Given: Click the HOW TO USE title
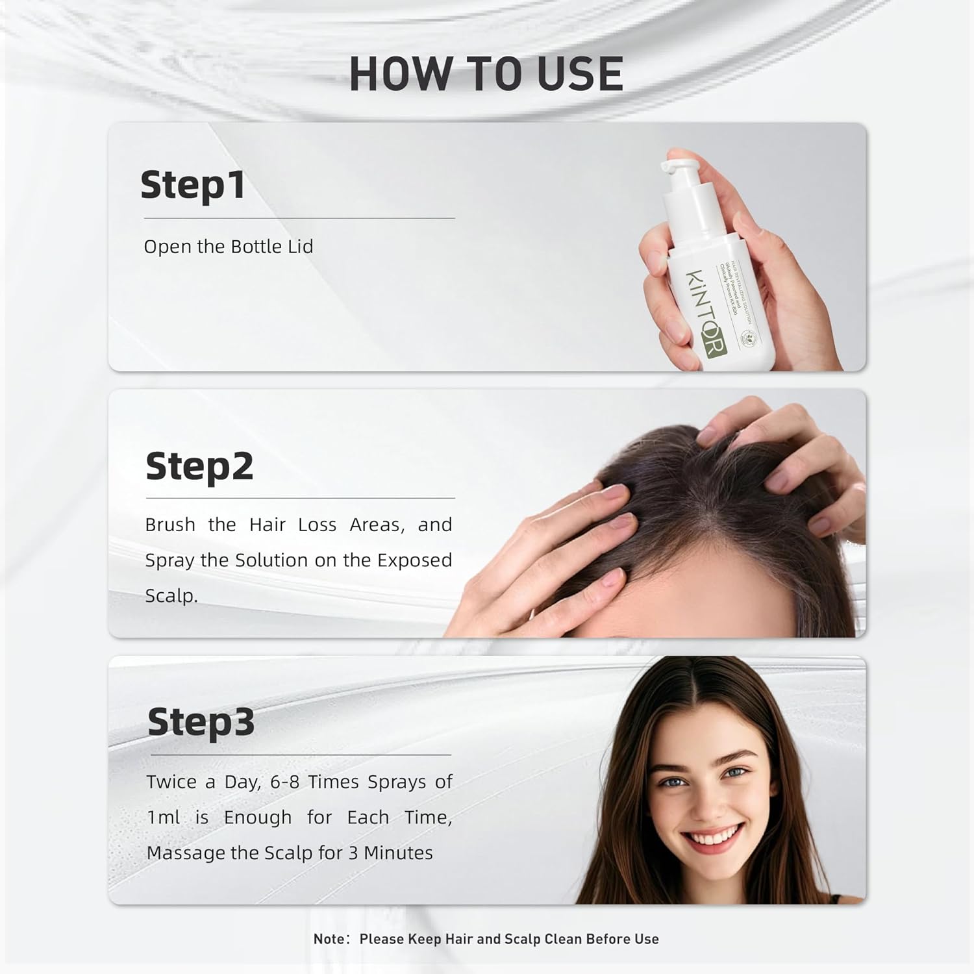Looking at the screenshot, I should [x=486, y=73].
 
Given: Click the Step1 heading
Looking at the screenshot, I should [x=193, y=186].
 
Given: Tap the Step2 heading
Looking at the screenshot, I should [x=199, y=466].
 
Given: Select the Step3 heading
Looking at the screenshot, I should [x=201, y=722].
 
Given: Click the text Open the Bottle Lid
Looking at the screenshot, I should [x=228, y=247].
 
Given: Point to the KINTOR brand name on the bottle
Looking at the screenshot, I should [x=705, y=312].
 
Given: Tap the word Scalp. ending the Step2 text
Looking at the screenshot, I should [x=171, y=595].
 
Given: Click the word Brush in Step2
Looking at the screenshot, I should [x=169, y=525].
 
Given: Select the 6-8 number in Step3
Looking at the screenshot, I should [x=284, y=782].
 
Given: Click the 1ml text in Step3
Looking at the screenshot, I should [x=163, y=818].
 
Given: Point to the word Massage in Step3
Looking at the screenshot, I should [x=184, y=853].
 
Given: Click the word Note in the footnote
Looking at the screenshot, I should [x=329, y=939].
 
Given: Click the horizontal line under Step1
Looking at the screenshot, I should [x=299, y=218].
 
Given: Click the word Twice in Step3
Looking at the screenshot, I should [x=171, y=782].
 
